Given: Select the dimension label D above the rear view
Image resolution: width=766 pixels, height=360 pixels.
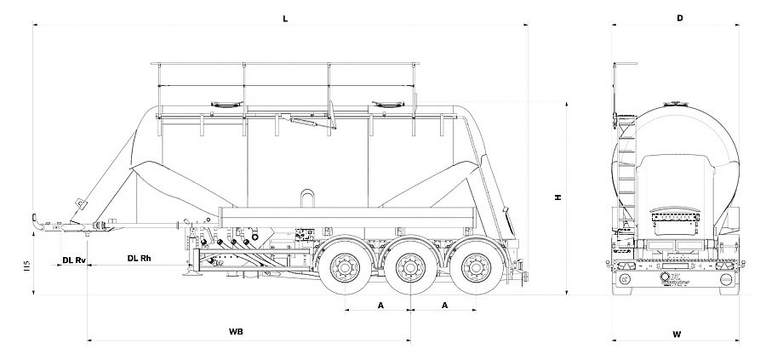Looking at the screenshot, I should tap(680, 17).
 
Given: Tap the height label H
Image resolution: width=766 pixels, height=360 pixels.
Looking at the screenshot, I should tap(558, 197).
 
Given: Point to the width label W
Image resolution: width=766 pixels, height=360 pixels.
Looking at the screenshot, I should tap(676, 334).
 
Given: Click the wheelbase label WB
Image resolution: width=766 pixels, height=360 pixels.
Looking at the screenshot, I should tap(237, 332).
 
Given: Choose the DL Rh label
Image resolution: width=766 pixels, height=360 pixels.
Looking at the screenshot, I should tap(140, 257).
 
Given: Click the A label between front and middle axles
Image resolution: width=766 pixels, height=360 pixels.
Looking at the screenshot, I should tap(380, 304).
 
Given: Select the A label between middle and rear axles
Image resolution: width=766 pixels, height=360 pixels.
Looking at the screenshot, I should tap(443, 304).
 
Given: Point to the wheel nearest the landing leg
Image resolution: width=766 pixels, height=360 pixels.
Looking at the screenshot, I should tap(346, 270).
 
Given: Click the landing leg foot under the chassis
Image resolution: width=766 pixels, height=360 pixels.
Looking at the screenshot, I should tap(195, 273).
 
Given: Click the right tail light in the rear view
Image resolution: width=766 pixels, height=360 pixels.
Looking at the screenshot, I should tap(726, 278).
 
